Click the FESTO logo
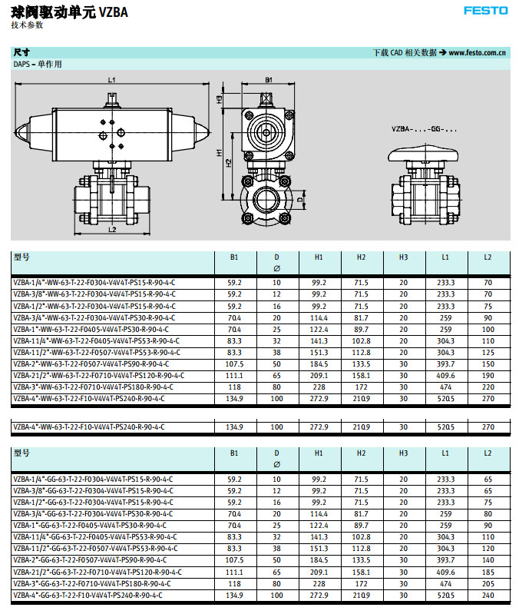pos(485,10)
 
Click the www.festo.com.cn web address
pos(477,53)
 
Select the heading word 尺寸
pos(21,53)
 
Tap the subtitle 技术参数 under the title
pos(27,25)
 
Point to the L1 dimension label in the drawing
pos(111,80)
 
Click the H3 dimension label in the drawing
pos(219,99)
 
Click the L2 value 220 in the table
pos(488,387)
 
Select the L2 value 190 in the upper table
pos(488,375)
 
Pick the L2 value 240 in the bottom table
pos(488,596)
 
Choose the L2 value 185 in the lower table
pos(488,573)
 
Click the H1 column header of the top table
pos(319,257)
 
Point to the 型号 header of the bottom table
pos(21,453)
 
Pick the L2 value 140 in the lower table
pos(488,561)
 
